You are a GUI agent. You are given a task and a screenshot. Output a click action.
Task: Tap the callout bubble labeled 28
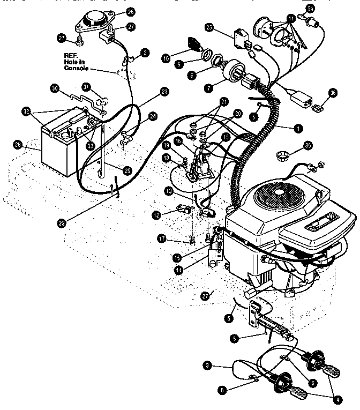pos(19,146)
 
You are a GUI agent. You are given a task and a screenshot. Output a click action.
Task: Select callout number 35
pos(307,145)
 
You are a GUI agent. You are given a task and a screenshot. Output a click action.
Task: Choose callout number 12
pos(156,214)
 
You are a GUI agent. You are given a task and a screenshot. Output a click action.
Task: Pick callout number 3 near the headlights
pos(207,365)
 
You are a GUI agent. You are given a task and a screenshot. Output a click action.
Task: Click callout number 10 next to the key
pos(166,57)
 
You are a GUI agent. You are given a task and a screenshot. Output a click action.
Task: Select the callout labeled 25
pos(209,27)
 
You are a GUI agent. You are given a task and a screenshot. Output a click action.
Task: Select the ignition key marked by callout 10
pos(192,44)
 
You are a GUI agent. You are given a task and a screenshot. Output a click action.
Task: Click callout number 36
pos(333,93)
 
